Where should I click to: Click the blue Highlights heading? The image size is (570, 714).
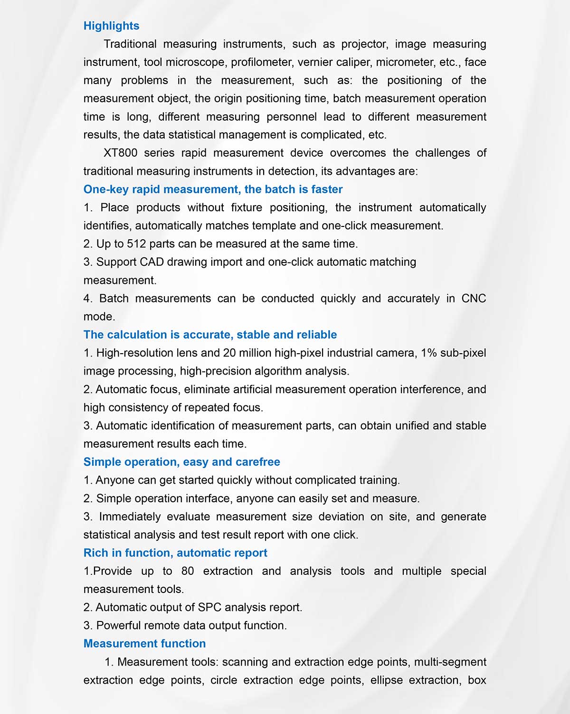[111, 26]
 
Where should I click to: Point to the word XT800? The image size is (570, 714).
[120, 153]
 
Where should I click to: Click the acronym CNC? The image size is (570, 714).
[474, 299]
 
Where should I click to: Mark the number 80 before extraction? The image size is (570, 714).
[188, 571]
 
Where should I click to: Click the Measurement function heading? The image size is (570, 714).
[144, 644]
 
